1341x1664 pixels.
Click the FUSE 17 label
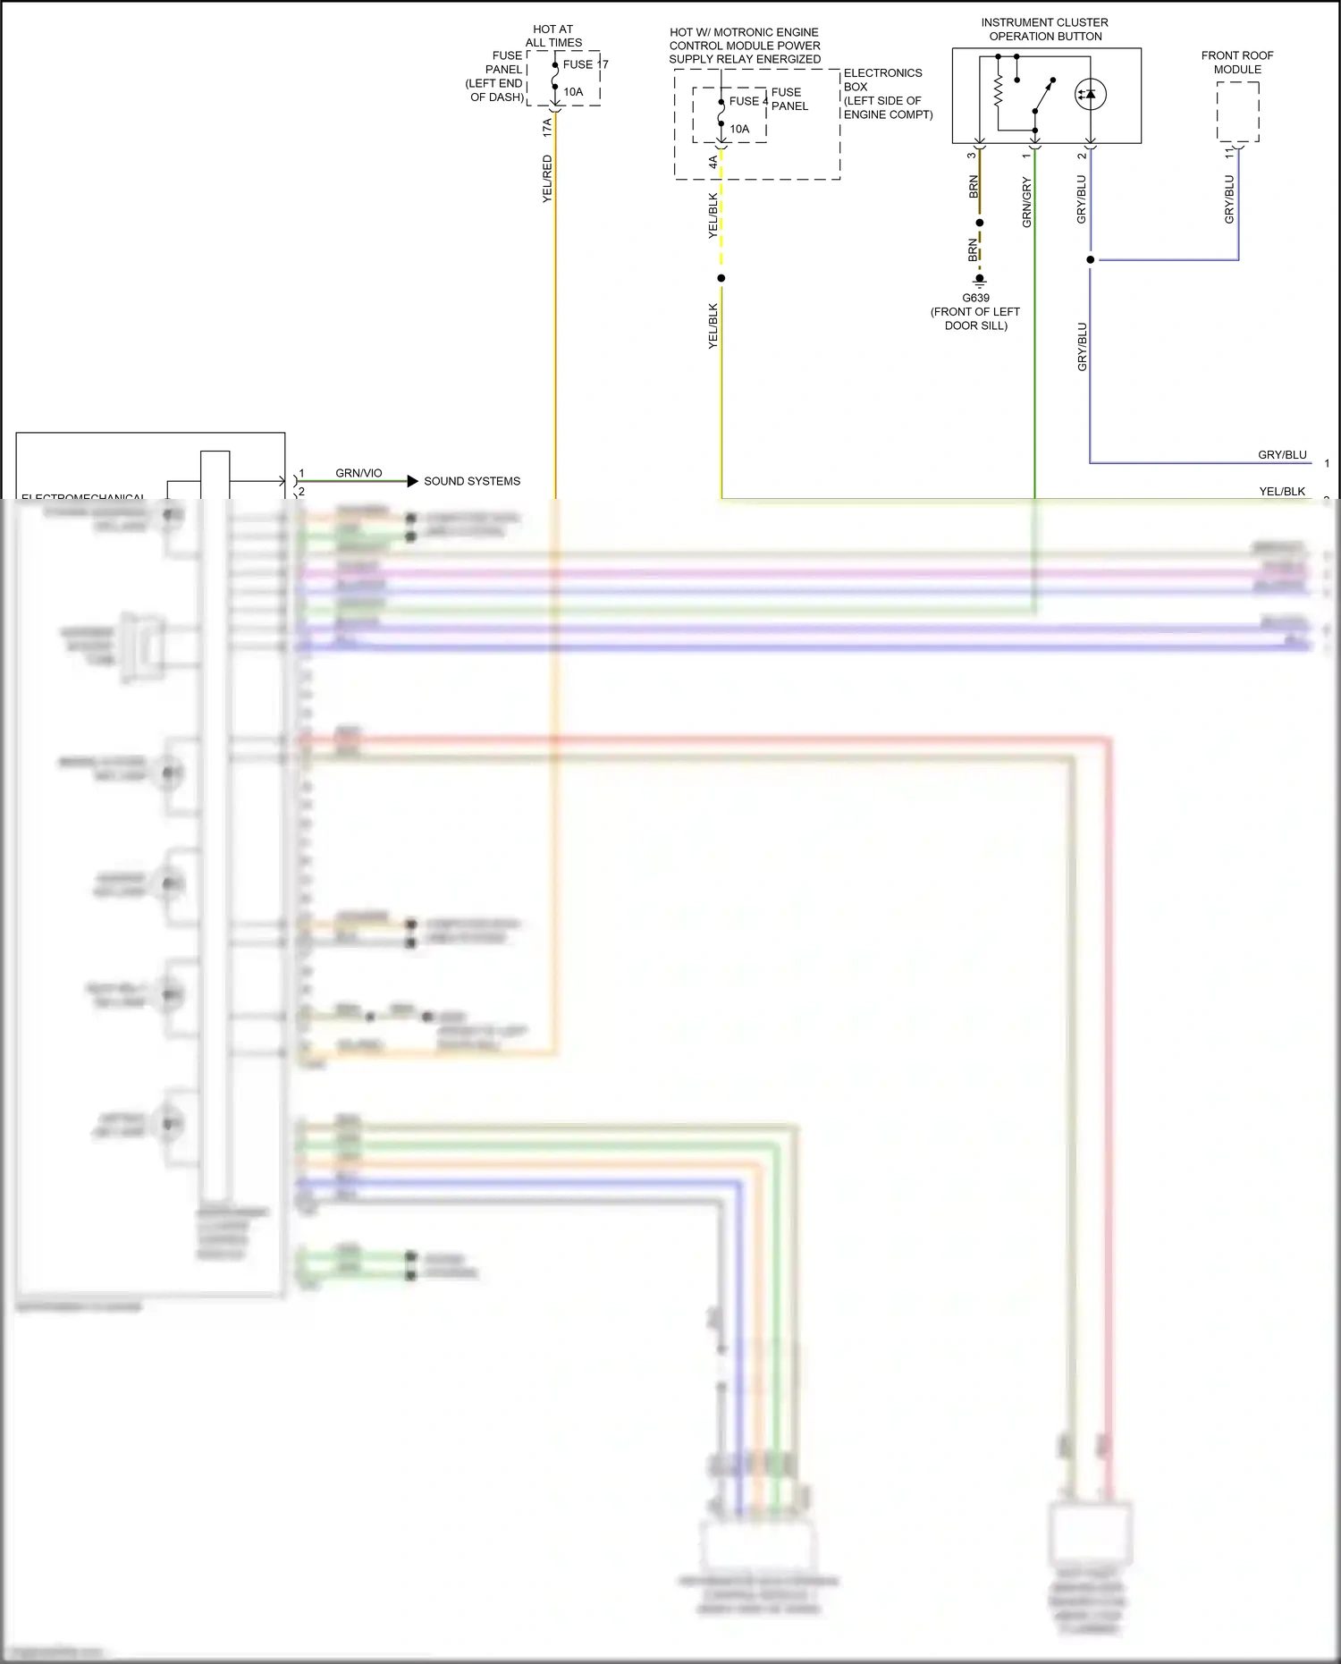[585, 64]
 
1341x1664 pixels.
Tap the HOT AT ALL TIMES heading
[553, 36]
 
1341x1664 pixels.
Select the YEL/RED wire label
[547, 179]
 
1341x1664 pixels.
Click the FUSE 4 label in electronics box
[748, 101]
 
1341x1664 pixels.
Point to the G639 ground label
[975, 298]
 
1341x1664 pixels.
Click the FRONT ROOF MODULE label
[1237, 63]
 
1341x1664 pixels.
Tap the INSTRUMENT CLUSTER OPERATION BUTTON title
[1044, 30]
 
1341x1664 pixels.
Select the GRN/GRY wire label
[1026, 203]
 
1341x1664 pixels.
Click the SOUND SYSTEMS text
[472, 481]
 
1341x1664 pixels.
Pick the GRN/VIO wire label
[358, 473]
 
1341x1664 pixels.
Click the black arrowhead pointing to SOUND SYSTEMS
[412, 481]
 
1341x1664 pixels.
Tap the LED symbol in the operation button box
[1090, 94]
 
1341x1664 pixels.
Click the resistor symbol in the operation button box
[999, 89]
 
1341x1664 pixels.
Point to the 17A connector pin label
[547, 128]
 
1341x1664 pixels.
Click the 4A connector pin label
[713, 162]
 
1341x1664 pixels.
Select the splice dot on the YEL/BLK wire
[721, 278]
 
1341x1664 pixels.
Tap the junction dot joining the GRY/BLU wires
[1090, 260]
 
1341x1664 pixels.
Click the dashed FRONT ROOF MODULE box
[1238, 112]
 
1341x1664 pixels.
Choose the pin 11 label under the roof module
[1229, 154]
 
